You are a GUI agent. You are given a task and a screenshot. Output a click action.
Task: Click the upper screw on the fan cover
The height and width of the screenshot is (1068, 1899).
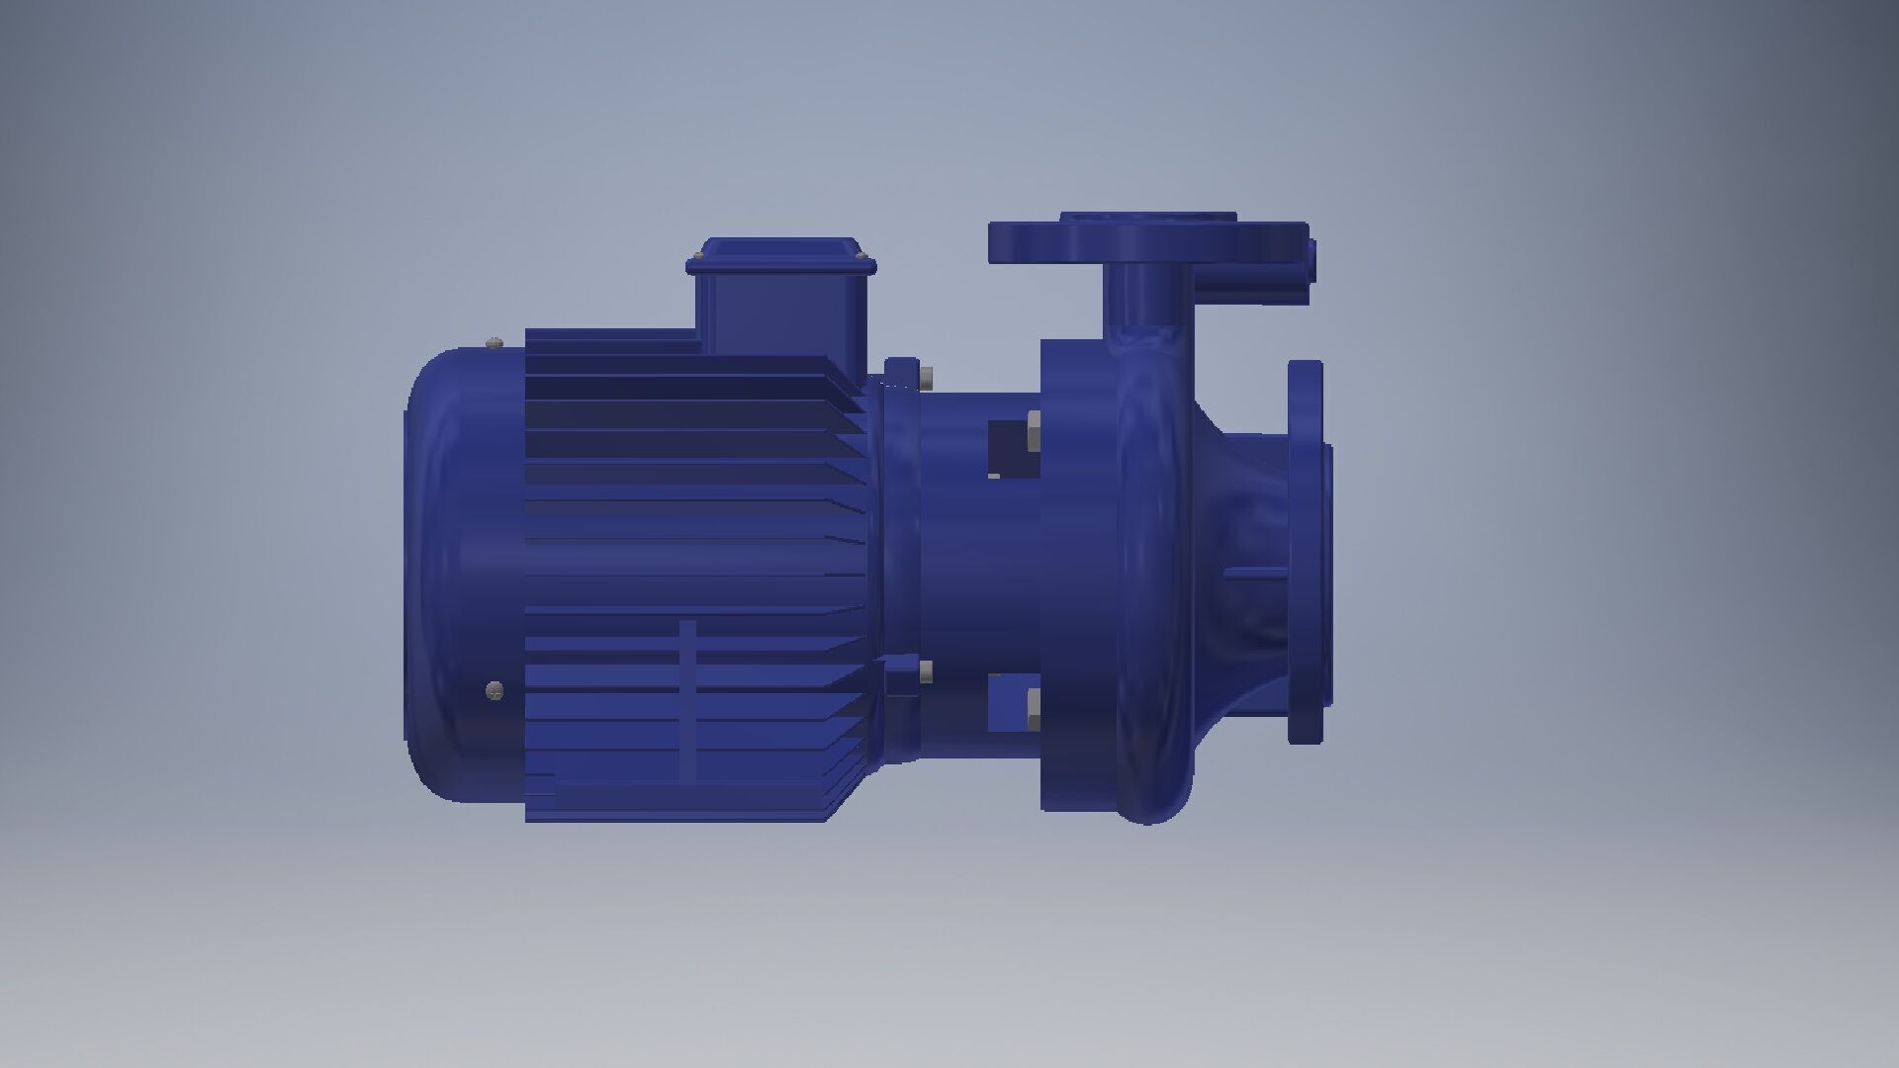click(x=496, y=343)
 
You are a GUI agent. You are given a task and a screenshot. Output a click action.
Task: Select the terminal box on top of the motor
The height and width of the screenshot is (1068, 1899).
click(x=781, y=302)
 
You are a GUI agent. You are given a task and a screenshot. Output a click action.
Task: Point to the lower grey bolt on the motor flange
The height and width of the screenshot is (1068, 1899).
click(x=926, y=672)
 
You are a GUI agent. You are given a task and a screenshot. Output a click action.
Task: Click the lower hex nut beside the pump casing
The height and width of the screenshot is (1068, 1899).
click(x=1032, y=709)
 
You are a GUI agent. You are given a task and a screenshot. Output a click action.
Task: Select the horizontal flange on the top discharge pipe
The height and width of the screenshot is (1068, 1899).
click(x=1147, y=243)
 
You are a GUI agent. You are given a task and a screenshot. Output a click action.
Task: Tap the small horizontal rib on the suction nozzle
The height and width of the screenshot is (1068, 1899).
click(x=1254, y=572)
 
